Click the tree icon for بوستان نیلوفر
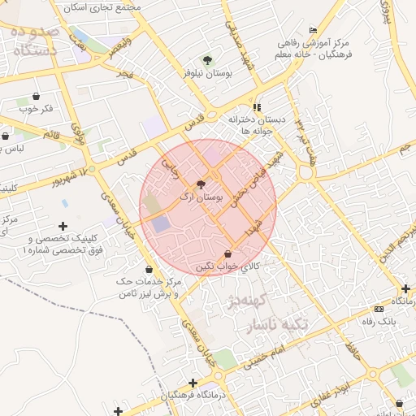point(206,60)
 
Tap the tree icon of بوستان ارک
point(201,184)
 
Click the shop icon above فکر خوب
point(36,96)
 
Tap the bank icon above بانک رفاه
point(379,309)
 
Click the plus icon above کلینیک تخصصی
point(63,225)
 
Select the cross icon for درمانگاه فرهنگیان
point(193,383)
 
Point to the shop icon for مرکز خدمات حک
point(149,269)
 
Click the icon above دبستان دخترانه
point(258,106)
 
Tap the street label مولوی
point(79,131)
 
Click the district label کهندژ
point(255,304)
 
